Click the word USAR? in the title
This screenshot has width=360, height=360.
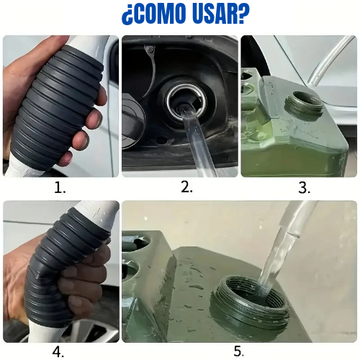click(x=221, y=14)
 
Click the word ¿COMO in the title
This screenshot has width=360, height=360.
click(x=154, y=14)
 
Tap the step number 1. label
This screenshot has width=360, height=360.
click(x=60, y=188)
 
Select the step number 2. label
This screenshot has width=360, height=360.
click(x=186, y=186)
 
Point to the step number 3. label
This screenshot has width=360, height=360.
click(x=304, y=188)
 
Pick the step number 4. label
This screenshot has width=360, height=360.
click(x=58, y=353)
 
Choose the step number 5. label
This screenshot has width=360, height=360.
click(x=238, y=351)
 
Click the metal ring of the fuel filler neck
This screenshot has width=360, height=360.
click(x=186, y=102)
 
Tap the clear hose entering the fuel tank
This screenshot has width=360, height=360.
click(x=197, y=142)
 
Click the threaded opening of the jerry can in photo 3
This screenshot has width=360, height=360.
click(x=304, y=106)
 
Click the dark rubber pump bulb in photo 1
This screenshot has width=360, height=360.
click(x=56, y=106)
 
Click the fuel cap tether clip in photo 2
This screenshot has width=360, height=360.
click(x=149, y=50)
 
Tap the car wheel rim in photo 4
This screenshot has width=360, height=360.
click(x=86, y=330)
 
